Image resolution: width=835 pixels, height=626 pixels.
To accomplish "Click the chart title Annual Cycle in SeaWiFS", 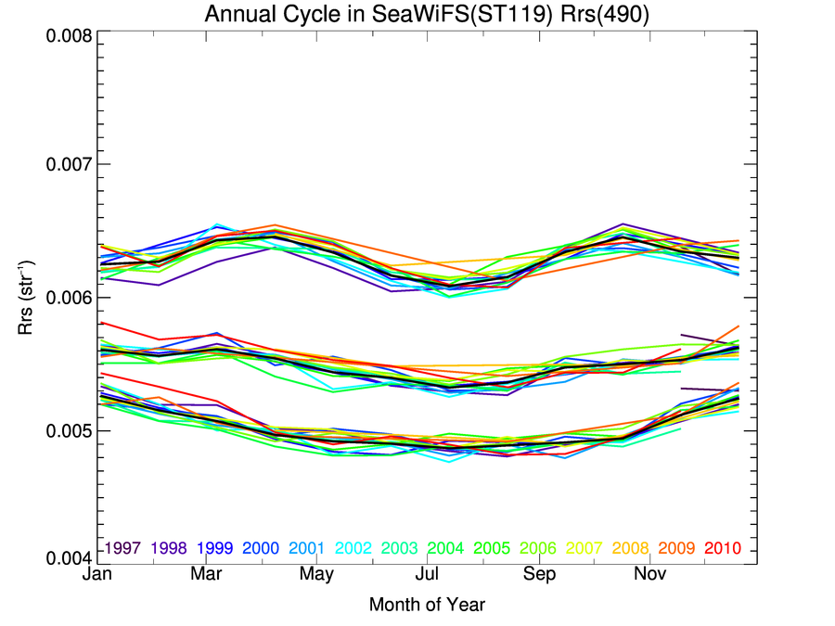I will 426,15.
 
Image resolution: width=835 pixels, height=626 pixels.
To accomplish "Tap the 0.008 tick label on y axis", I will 69,36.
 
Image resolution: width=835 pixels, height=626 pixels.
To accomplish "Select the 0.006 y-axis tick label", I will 69,298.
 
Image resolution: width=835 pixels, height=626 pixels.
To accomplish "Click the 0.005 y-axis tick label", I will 69,430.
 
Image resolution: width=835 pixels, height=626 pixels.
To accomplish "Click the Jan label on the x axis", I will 97,575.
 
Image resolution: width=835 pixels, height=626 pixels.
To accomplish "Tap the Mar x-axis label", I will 207,575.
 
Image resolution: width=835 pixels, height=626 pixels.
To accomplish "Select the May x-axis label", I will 317,575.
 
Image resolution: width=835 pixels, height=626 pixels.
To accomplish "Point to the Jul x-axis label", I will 427,575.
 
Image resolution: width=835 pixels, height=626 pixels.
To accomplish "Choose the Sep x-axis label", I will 538,575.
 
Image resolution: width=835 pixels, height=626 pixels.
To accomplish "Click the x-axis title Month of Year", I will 427,606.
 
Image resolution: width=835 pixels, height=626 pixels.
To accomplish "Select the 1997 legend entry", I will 122,548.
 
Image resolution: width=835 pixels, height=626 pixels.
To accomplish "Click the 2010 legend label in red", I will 724,548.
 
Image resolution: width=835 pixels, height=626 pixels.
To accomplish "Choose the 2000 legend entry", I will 262,548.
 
